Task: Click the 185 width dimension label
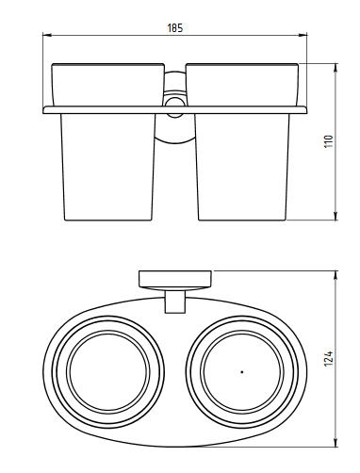(174, 28)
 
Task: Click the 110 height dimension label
(328, 141)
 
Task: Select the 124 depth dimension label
(328, 358)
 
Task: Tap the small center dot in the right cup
(242, 372)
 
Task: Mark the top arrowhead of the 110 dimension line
(335, 68)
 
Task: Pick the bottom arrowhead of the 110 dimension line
(335, 216)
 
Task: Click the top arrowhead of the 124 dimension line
(335, 275)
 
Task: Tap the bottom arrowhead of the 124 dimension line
(335, 442)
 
